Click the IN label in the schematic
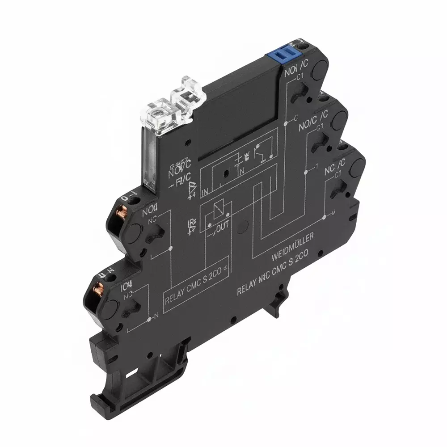(x=205, y=193)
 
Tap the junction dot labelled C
(x=285, y=121)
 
